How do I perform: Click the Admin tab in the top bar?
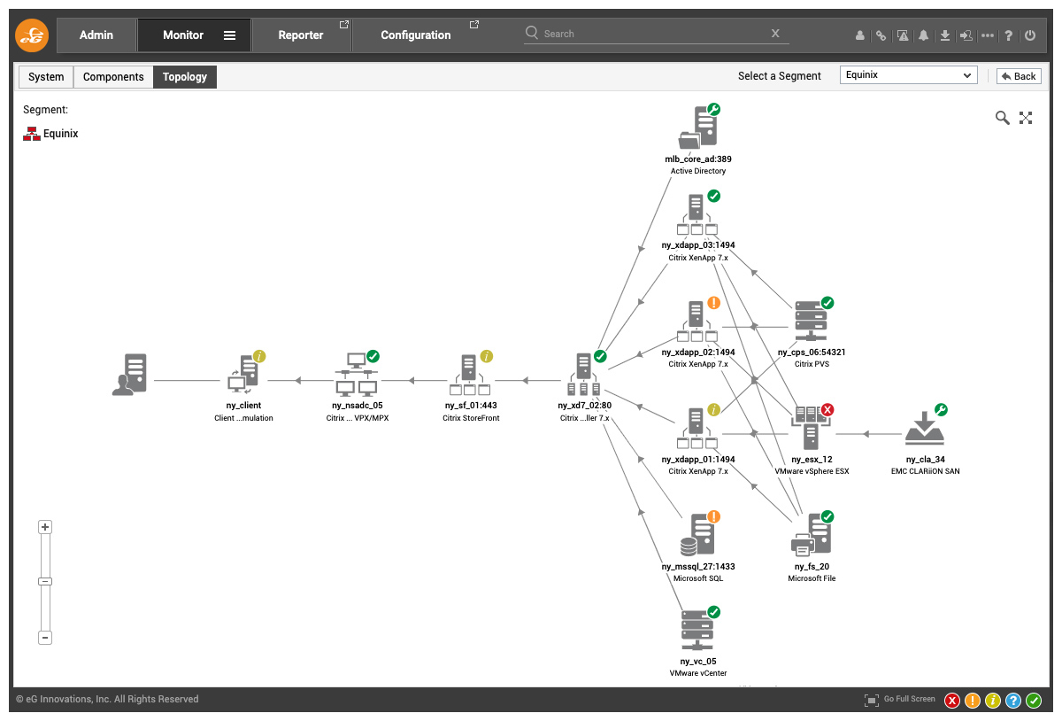point(96,35)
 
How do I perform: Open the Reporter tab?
point(301,35)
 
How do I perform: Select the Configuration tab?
point(416,35)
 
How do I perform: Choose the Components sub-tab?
point(113,77)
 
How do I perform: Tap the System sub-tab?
point(46,77)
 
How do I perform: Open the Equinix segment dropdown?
point(908,75)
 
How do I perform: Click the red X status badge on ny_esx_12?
point(827,409)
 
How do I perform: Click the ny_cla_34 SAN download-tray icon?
point(925,428)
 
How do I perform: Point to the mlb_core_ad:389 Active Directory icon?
point(698,128)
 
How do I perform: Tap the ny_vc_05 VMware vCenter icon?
point(697,631)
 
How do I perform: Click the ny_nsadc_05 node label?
point(357,406)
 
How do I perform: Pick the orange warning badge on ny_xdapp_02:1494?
point(713,303)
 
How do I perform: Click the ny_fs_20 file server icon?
point(812,535)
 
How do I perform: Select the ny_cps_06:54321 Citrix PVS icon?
point(812,321)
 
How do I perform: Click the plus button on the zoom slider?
point(45,527)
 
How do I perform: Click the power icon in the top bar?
point(1030,35)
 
